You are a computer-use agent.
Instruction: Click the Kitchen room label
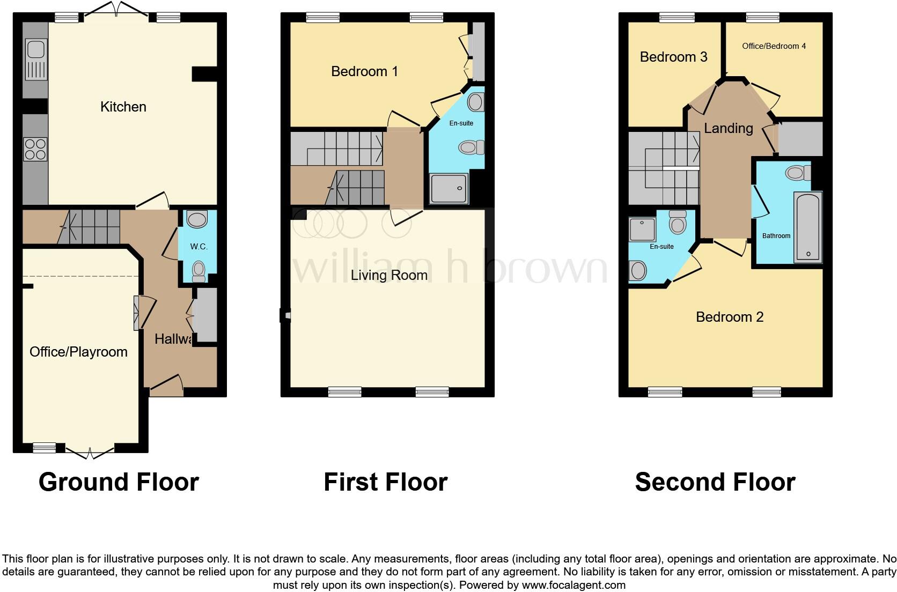tap(123, 107)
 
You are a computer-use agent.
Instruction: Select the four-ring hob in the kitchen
tap(35, 149)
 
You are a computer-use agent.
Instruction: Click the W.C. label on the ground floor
tap(198, 247)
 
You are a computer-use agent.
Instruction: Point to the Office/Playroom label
tap(78, 352)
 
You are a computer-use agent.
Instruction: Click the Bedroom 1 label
tap(364, 71)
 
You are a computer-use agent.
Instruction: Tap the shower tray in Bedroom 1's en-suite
tap(449, 188)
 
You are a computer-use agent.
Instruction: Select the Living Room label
tap(389, 275)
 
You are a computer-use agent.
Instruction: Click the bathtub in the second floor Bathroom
tap(808, 227)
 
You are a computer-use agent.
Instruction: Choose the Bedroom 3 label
tap(673, 57)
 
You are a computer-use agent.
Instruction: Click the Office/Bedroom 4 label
tap(774, 46)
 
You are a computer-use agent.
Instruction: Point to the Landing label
tap(728, 128)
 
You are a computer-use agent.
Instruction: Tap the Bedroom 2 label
tap(729, 317)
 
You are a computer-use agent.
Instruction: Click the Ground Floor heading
tap(119, 482)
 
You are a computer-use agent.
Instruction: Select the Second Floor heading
tap(715, 482)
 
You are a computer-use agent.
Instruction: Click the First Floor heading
tap(385, 482)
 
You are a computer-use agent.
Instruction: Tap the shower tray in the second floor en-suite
tap(642, 230)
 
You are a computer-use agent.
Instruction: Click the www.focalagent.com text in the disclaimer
tap(574, 585)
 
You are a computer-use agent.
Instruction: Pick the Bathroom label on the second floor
tap(776, 236)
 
